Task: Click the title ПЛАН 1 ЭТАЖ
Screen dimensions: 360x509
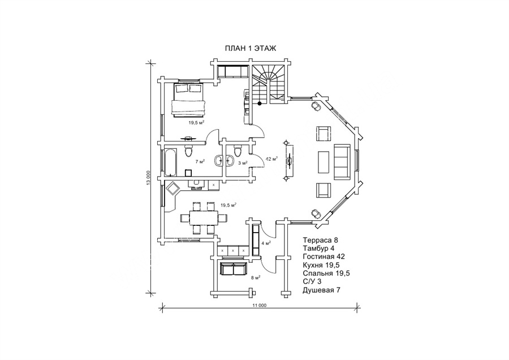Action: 249,49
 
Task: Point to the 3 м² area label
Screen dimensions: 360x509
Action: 242,163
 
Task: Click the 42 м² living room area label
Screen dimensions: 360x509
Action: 271,160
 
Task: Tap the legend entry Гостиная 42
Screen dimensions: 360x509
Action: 324,256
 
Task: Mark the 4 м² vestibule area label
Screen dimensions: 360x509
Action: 266,243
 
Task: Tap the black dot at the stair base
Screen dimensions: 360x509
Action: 260,104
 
